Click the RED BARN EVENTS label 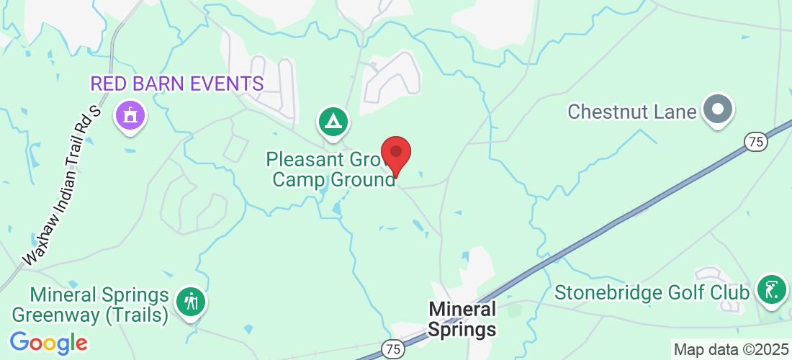[x=176, y=84]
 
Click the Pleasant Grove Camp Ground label [x=332, y=168]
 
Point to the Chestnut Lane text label [x=632, y=112]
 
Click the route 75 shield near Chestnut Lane [x=755, y=142]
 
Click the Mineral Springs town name [x=462, y=319]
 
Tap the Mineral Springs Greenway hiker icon [x=192, y=301]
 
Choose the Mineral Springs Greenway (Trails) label [x=99, y=305]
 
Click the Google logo [x=49, y=342]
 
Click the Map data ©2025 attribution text [x=731, y=350]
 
